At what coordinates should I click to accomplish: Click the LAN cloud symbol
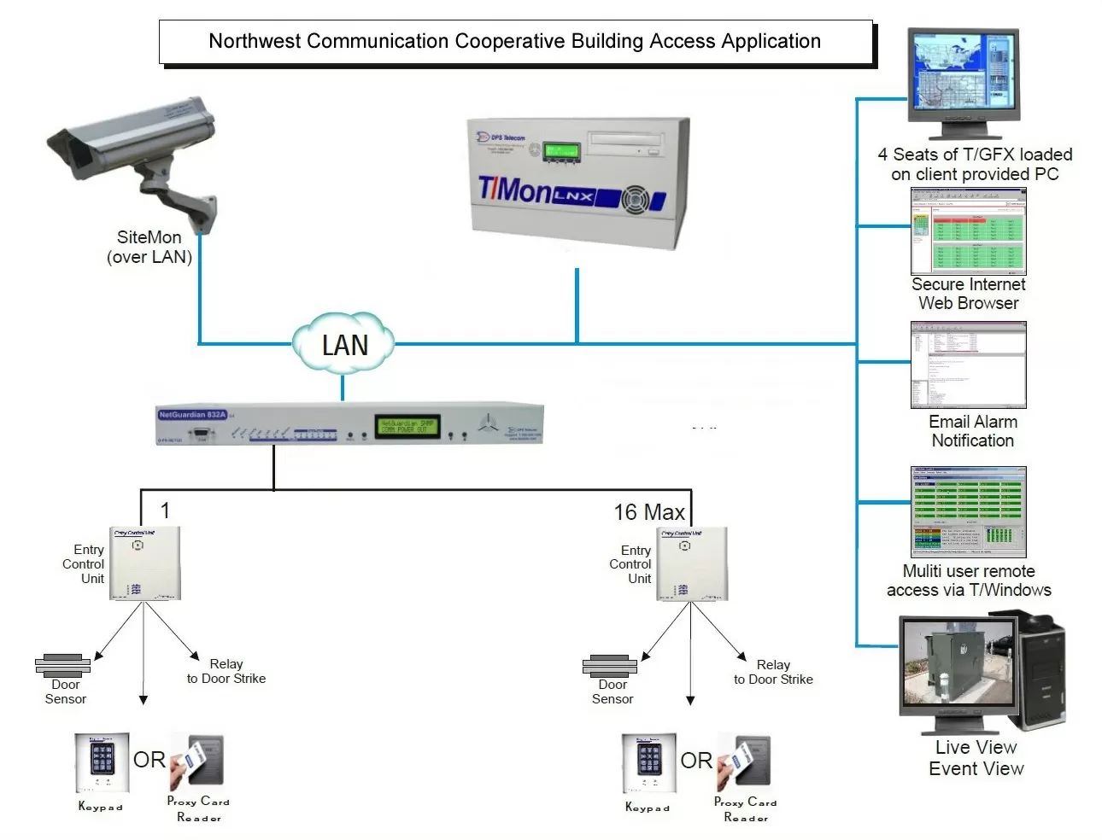click(343, 343)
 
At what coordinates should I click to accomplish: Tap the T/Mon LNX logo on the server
click(534, 190)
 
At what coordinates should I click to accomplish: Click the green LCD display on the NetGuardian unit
click(407, 426)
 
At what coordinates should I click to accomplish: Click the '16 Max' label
click(648, 512)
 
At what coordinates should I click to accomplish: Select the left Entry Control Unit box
click(144, 563)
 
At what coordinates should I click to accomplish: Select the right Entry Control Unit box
click(691, 563)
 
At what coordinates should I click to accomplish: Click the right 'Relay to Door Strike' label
click(772, 672)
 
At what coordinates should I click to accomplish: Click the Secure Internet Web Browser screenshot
click(968, 231)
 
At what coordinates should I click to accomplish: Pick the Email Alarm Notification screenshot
click(968, 365)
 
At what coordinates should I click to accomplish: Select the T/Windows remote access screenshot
click(968, 511)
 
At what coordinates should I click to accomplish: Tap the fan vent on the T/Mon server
click(635, 200)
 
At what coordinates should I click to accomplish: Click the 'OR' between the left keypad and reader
click(149, 760)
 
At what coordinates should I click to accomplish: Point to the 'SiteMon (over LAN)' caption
click(149, 247)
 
